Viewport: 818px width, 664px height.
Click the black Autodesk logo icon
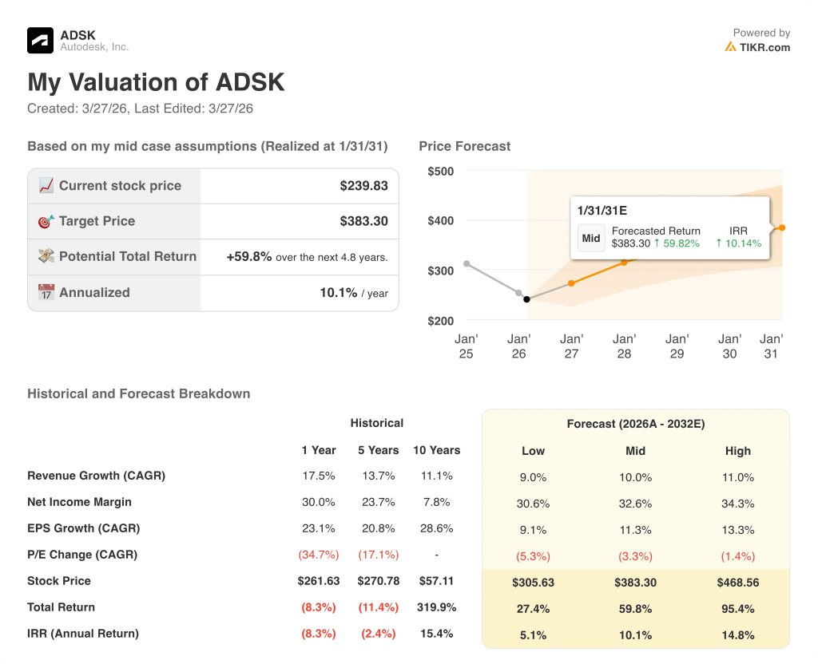tap(40, 40)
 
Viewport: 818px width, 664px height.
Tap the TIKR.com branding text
tap(764, 47)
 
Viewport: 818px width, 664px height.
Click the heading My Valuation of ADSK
tap(156, 83)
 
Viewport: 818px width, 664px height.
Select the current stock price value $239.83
tap(363, 186)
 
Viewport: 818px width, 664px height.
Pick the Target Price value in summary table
tap(363, 221)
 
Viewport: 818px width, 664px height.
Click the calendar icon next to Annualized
tap(46, 292)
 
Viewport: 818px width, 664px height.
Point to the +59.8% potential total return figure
tap(249, 257)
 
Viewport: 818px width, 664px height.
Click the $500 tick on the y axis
tap(440, 171)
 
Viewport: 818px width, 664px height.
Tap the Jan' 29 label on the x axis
tap(677, 346)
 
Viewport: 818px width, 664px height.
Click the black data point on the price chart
tap(526, 299)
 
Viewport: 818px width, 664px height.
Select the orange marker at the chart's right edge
tap(782, 227)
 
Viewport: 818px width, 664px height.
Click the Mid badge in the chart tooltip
tap(591, 238)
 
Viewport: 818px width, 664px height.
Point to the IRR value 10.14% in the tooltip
tap(739, 243)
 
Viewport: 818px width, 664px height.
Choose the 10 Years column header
tap(436, 450)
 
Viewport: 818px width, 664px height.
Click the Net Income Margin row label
tap(79, 502)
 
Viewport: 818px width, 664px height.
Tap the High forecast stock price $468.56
tap(737, 583)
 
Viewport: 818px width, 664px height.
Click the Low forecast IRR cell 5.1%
tap(533, 635)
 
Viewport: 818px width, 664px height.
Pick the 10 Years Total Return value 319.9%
tap(436, 607)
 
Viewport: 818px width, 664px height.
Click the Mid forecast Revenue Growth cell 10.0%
tap(635, 477)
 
